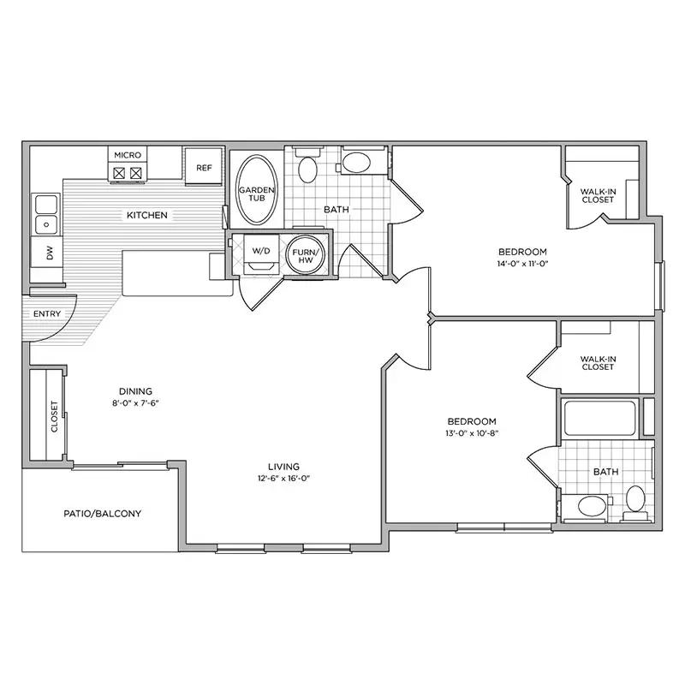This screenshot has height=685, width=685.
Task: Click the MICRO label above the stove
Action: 128,155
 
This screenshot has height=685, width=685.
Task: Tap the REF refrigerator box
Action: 204,167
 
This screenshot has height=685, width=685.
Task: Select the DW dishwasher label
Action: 50,252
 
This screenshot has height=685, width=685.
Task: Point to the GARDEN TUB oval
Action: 257,190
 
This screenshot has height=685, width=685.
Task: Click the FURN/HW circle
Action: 306,255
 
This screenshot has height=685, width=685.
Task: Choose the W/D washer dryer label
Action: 262,251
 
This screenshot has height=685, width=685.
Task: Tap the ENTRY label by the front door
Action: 47,313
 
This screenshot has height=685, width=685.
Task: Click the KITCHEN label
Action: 147,215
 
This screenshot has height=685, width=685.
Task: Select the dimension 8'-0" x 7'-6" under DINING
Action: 135,402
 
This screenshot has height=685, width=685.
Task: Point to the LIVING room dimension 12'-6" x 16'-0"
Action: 284,478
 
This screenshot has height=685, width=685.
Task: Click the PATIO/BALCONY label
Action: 103,513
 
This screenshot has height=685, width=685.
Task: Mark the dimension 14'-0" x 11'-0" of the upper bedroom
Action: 522,264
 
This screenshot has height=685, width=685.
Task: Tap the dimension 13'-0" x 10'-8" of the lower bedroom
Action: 472,433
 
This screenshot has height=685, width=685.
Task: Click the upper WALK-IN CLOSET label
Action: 598,195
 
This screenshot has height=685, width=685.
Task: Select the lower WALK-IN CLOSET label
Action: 598,363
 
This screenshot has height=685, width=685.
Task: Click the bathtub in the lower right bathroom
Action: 600,418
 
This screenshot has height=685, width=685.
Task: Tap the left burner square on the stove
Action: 119,174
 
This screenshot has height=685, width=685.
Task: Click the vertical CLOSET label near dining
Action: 55,416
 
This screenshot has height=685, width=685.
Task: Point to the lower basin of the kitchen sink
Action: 46,225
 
